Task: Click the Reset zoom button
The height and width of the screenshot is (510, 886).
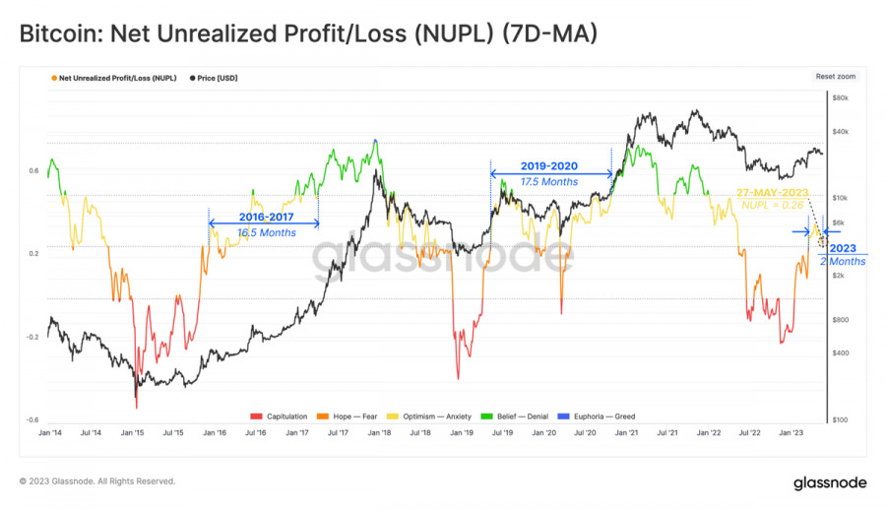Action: pos(836,76)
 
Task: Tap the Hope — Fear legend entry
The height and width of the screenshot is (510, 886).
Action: pos(353,416)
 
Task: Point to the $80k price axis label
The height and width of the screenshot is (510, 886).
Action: pos(840,98)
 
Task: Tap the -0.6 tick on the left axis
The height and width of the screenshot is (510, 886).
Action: pos(33,419)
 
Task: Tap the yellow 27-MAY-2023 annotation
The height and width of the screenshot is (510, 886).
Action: pos(772,193)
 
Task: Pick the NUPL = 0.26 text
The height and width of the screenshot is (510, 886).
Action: pos(773,205)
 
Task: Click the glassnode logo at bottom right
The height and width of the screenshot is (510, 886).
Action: pos(830,482)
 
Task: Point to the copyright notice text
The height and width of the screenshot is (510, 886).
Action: pos(97,481)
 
